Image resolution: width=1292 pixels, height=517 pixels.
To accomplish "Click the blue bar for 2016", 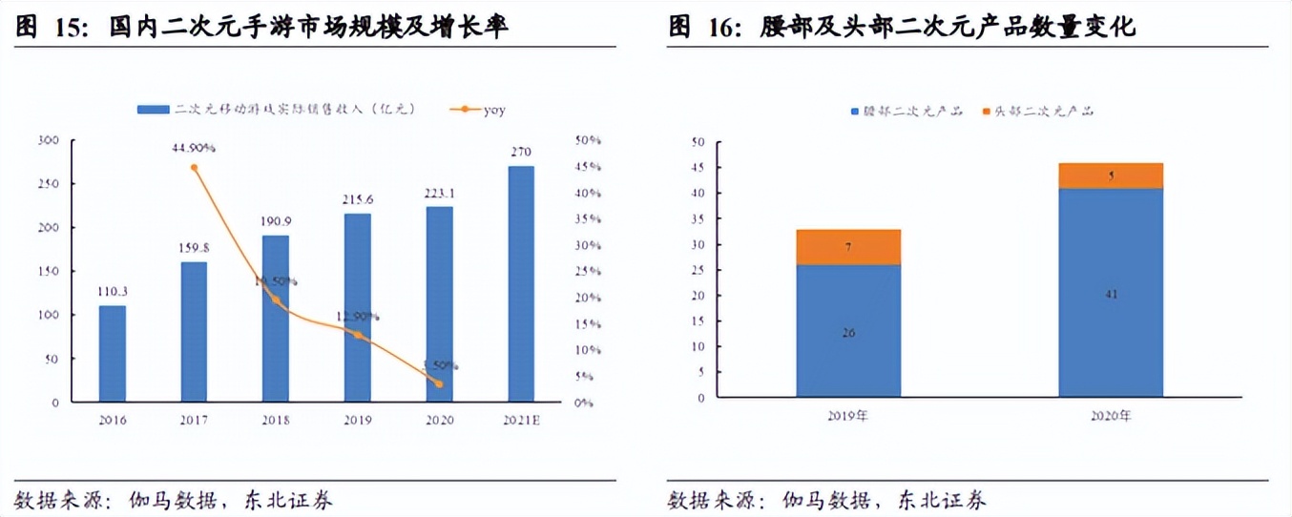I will [x=112, y=353].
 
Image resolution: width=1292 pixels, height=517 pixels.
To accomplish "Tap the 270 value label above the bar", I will [x=521, y=152].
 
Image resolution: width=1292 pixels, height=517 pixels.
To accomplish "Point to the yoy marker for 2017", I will [x=195, y=167].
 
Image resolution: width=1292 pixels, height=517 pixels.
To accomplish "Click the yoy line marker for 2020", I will [x=439, y=383].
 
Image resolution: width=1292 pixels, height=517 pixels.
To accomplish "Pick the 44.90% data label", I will [x=194, y=148].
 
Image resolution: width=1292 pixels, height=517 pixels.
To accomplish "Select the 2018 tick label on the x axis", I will [x=275, y=420].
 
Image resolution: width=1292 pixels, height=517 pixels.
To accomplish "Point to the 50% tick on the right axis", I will [x=588, y=140].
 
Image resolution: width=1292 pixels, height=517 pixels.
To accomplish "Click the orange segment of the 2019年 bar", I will [x=848, y=247].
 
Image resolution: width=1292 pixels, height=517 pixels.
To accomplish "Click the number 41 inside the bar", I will [x=1111, y=295].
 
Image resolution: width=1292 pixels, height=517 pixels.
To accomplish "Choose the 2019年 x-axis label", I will [x=848, y=417].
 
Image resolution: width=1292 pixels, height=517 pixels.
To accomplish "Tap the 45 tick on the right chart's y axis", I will [x=698, y=168].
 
